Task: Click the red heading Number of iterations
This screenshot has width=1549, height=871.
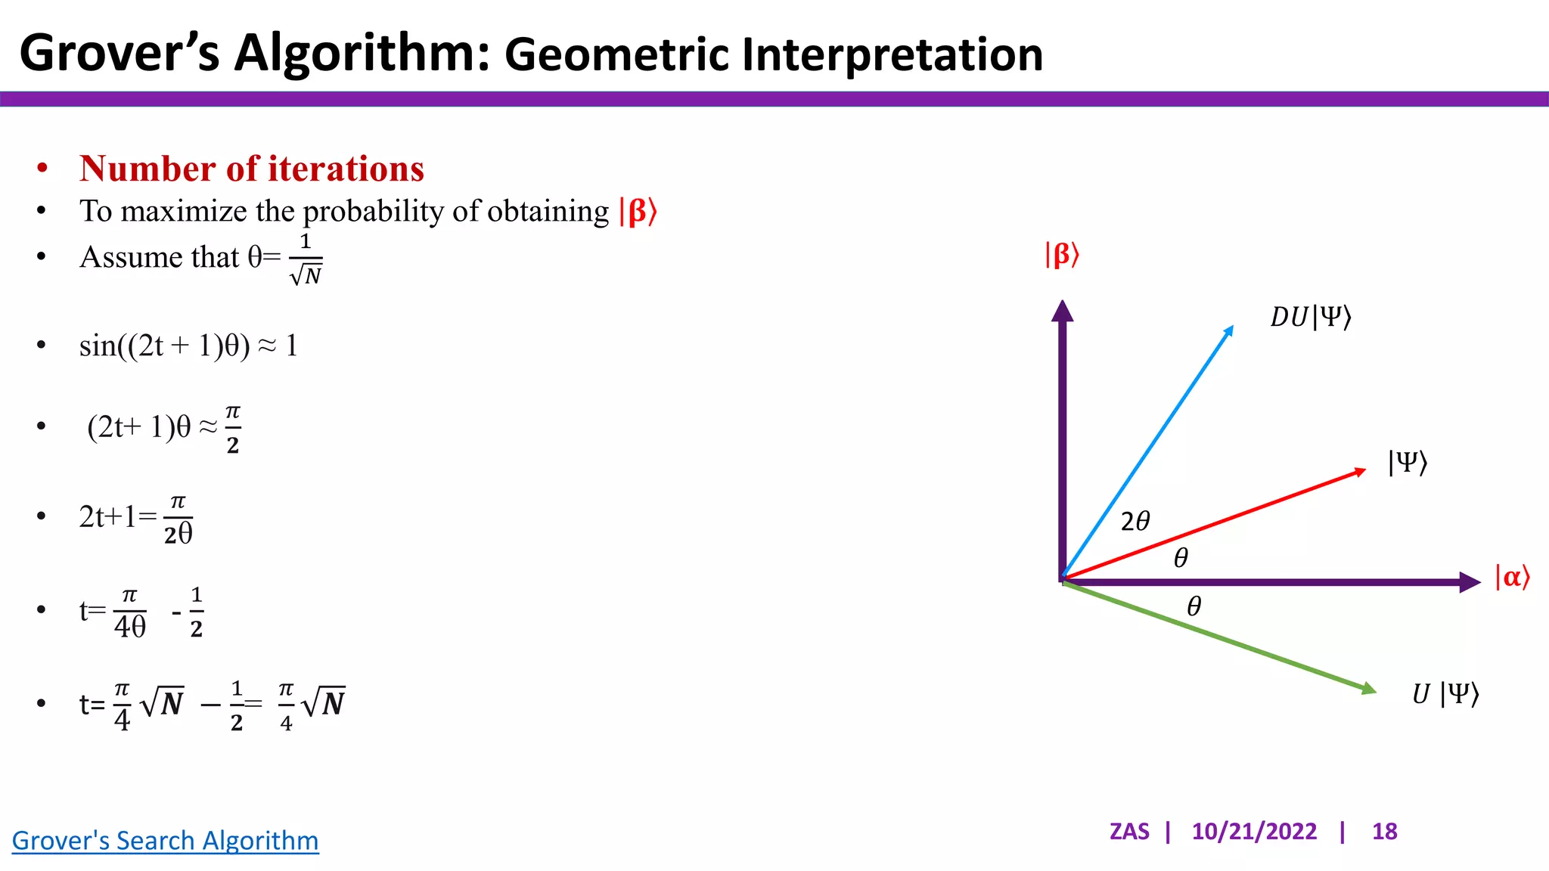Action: click(x=251, y=169)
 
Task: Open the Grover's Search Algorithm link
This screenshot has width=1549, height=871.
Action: click(x=165, y=841)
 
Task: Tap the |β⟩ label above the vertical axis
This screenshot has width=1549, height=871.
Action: click(x=1062, y=255)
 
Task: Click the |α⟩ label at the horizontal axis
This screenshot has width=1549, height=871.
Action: click(x=1512, y=578)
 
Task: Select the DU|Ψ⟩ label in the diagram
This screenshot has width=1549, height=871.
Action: click(x=1311, y=317)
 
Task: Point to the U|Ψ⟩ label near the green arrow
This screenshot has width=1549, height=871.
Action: click(x=1445, y=693)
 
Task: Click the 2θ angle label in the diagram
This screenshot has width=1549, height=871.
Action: click(x=1135, y=521)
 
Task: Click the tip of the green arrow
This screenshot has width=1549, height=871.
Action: click(x=1370, y=689)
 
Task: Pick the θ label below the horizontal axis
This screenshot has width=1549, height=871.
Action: click(x=1194, y=606)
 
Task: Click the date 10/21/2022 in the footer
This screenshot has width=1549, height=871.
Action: click(x=1254, y=832)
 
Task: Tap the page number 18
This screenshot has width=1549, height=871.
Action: click(x=1384, y=832)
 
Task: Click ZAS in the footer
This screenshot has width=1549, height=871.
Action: click(x=1129, y=832)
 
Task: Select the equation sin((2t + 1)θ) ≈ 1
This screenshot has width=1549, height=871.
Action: click(x=188, y=346)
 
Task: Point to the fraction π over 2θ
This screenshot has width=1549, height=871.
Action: click(x=178, y=519)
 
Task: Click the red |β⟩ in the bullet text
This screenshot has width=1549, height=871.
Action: click(x=638, y=212)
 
